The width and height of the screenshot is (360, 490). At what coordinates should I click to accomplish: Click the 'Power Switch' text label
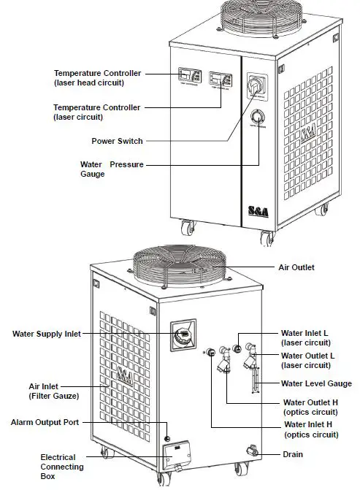click(x=117, y=141)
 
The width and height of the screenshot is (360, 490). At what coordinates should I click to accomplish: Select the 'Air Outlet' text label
click(x=296, y=268)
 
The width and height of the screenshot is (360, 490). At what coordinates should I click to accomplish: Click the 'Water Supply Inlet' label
click(x=46, y=334)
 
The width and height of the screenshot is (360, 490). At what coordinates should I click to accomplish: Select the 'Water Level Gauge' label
click(x=316, y=383)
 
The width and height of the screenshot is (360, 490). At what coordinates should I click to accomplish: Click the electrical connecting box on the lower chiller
click(x=179, y=456)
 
